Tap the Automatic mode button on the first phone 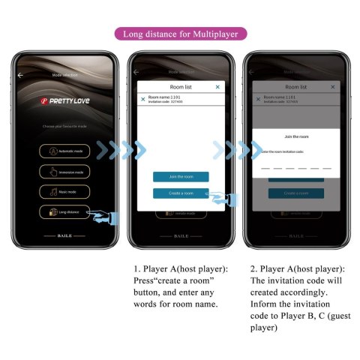coord(64,150)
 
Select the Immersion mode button coord(64,171)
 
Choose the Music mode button coord(64,191)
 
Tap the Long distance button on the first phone coord(64,212)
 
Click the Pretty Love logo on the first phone coord(64,99)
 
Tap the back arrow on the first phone coord(20,75)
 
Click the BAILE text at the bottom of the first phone coord(64,235)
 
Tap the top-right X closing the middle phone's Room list coord(217,88)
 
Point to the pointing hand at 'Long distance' coord(104,217)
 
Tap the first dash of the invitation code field coord(265,168)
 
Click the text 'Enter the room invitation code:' coord(282,152)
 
